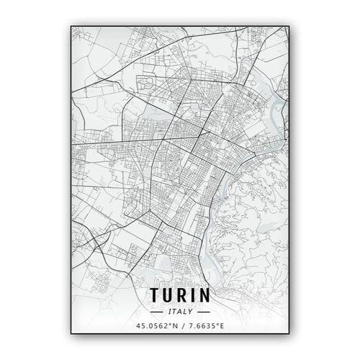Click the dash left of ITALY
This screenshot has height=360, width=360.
(x=158, y=312)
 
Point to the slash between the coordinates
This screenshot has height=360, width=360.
(x=179, y=327)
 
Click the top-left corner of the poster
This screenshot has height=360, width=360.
(x=71, y=27)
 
